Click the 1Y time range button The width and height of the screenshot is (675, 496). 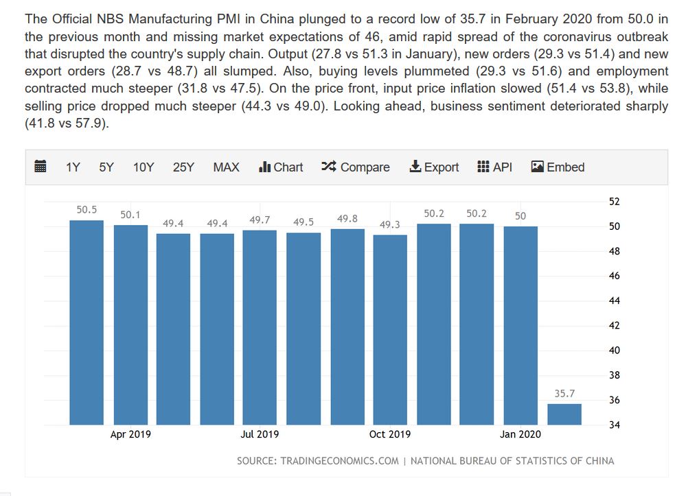pyautogui.click(x=73, y=167)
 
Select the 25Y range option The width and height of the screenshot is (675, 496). pyautogui.click(x=183, y=167)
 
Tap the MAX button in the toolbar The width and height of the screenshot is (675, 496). pyautogui.click(x=226, y=167)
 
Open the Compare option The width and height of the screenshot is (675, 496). pyautogui.click(x=356, y=167)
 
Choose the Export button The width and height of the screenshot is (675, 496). pyautogui.click(x=434, y=167)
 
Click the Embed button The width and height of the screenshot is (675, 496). pyautogui.click(x=558, y=167)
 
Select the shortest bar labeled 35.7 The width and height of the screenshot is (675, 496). pyautogui.click(x=564, y=414)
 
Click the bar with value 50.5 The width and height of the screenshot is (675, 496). pyautogui.click(x=87, y=322)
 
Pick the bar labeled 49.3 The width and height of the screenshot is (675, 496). pyautogui.click(x=390, y=329)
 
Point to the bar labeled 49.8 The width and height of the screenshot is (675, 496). pyautogui.click(x=347, y=327)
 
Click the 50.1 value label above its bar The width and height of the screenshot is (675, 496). pyautogui.click(x=130, y=215)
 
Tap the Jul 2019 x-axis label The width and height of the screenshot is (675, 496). pyautogui.click(x=260, y=434)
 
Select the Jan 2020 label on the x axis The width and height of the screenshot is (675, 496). pyautogui.click(x=520, y=434)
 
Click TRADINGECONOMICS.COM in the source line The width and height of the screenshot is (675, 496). pyautogui.click(x=339, y=461)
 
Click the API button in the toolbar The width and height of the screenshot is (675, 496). pyautogui.click(x=494, y=167)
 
